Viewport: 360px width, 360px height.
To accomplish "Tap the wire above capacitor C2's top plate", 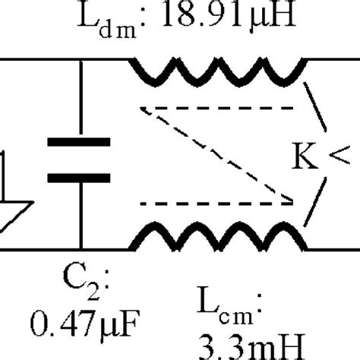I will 79,99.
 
